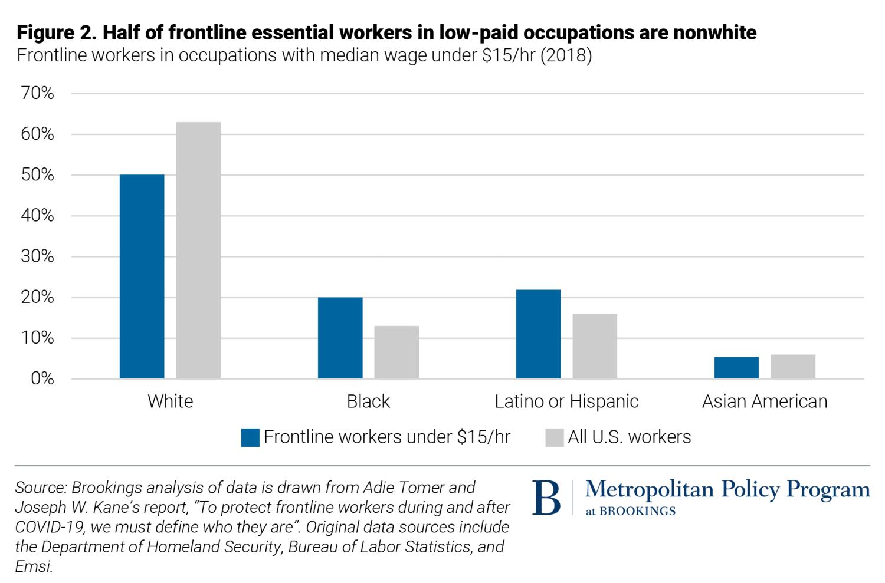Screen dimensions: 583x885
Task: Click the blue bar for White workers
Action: (142, 276)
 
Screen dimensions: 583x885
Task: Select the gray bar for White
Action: (198, 250)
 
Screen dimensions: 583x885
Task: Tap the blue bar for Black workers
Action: (340, 338)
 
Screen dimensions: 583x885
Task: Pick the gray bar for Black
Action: (396, 352)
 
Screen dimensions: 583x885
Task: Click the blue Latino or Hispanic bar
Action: (538, 334)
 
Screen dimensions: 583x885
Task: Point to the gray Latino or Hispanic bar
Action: (595, 346)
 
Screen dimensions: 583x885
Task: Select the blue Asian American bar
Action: (736, 367)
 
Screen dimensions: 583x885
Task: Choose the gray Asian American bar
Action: (793, 366)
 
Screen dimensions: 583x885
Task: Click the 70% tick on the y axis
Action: (37, 94)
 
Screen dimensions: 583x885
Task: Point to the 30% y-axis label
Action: (37, 256)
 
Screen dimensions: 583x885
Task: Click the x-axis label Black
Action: (368, 401)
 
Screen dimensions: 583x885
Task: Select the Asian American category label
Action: (765, 401)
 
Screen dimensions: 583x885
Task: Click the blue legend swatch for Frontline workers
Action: (250, 437)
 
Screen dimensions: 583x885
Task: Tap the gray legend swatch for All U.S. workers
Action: (555, 437)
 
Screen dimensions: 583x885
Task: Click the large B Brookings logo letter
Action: (546, 498)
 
